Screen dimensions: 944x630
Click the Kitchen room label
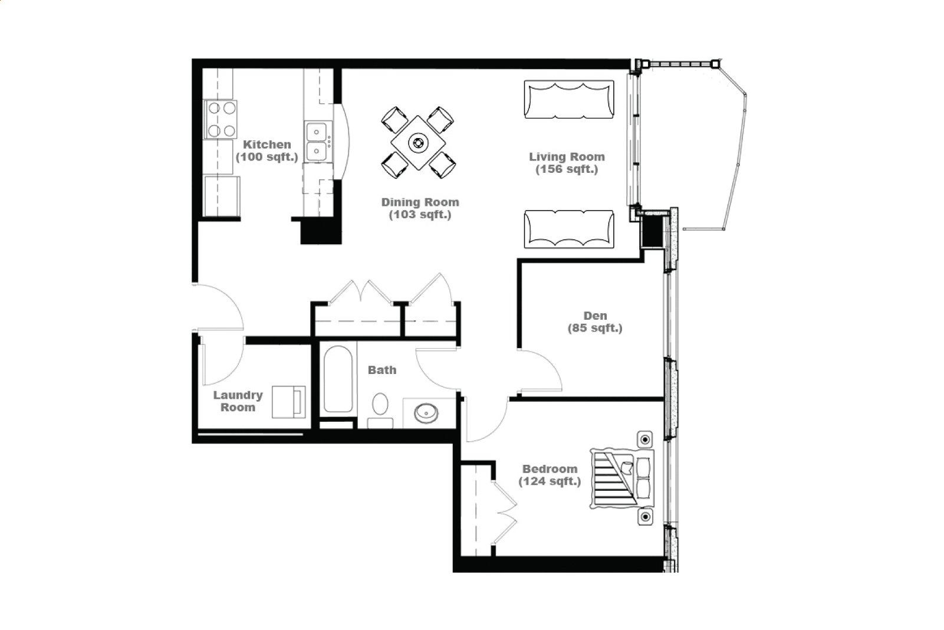coord(267,150)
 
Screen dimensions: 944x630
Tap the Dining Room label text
coord(420,208)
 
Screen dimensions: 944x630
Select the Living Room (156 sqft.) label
coord(567,163)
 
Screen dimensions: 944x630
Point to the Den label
coord(595,321)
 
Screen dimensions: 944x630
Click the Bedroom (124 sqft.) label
coord(550,475)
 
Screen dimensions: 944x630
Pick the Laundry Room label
coord(238,401)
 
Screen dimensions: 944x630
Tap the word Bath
coord(382,370)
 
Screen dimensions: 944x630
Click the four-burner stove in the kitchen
coord(220,119)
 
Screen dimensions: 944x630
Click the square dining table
coord(418,143)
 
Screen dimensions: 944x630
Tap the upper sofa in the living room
coord(569,100)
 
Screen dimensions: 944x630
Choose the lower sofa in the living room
coord(569,229)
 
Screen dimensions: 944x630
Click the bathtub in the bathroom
coord(338,379)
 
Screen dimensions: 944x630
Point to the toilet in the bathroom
coord(380,411)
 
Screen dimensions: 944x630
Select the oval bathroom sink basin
coord(426,414)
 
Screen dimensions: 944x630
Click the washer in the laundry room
coord(289,402)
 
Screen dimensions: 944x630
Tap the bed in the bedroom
coord(622,479)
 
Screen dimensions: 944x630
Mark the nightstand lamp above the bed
coord(645,439)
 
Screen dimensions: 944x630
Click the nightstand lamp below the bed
coord(645,517)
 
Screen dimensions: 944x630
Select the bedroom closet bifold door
coord(505,513)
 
